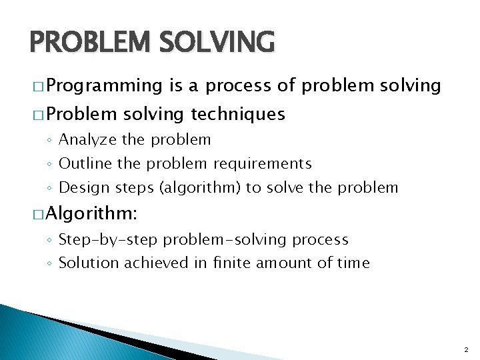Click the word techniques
238,115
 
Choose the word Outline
83,163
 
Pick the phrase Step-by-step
109,239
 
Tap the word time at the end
353,263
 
